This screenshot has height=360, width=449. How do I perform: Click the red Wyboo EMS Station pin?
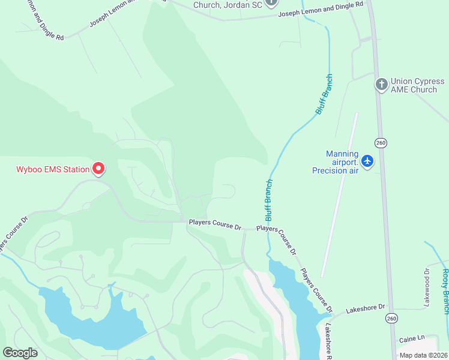[x=98, y=169]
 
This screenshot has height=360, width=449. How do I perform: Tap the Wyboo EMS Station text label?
[x=52, y=169]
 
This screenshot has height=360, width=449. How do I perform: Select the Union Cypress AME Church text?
[x=414, y=85]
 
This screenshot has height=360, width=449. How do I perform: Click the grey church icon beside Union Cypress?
[x=381, y=85]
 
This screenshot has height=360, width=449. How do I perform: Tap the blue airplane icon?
[x=367, y=161]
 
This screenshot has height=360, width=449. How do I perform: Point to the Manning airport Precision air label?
[x=336, y=162]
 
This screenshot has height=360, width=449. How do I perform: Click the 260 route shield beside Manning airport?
[x=380, y=142]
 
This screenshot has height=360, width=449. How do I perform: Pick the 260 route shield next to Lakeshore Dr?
[x=391, y=317]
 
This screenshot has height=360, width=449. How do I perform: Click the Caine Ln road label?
[x=411, y=339]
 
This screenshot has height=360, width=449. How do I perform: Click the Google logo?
[x=20, y=353]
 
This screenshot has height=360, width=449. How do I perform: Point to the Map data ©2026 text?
[x=423, y=355]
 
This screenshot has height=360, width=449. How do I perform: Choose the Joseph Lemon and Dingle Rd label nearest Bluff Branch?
[x=321, y=8]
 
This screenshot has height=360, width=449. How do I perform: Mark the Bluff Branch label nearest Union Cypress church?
[x=324, y=94]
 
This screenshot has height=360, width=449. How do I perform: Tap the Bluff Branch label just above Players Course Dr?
[x=269, y=200]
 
